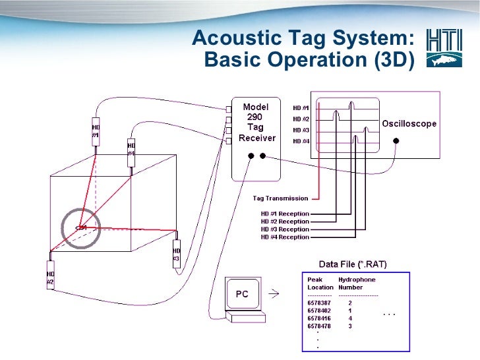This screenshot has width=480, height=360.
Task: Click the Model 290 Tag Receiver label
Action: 256,123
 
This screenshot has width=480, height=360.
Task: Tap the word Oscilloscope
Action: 409,124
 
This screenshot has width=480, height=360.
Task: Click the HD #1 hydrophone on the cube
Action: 96,131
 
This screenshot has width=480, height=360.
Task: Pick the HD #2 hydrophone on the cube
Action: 50,274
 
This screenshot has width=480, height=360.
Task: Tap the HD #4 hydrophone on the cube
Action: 131,150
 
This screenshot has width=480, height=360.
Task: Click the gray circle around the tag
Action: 80,227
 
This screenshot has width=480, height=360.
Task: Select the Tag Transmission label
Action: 280,198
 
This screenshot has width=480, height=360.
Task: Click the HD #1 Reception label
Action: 285,214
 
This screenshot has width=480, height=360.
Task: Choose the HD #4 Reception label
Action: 285,237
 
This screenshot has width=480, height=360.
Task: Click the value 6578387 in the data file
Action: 320,303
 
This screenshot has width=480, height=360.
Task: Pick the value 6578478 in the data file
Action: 320,326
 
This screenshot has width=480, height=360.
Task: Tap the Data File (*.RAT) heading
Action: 353,264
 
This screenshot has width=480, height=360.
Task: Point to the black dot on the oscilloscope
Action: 396,140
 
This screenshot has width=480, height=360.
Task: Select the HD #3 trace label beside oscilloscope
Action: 301,130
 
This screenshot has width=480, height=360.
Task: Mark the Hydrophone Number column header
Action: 357,284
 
